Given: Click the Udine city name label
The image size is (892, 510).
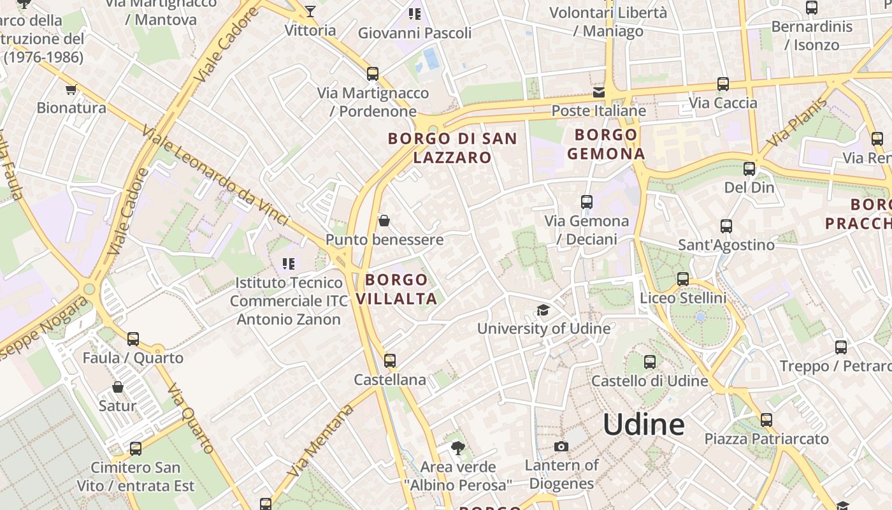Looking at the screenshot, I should click(x=644, y=425).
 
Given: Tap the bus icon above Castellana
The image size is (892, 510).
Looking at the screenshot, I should click(x=390, y=361).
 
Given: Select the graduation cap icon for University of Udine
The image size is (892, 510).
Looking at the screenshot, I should click(x=543, y=310).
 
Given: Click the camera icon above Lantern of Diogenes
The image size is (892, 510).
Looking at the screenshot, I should click(x=561, y=446).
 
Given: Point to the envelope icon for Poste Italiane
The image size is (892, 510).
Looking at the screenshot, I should click(x=599, y=92).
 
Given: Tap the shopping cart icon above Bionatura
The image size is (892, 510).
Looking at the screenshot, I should click(x=71, y=89).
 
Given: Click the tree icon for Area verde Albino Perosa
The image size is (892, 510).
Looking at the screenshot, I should click(x=457, y=448).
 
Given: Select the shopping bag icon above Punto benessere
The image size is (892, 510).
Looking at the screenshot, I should click(x=384, y=221).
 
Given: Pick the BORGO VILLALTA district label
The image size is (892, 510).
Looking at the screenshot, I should click(x=396, y=289).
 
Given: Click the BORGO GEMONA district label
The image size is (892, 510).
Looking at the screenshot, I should click(x=606, y=144).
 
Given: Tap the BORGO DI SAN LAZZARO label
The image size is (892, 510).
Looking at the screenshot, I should click(x=452, y=148).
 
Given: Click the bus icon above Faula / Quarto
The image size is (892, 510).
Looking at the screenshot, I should click(x=133, y=339).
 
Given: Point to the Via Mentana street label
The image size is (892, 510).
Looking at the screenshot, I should click(x=320, y=441).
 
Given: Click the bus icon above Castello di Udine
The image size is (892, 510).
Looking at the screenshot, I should click(x=650, y=362).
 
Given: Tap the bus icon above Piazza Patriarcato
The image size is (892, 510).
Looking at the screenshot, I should click(x=766, y=420).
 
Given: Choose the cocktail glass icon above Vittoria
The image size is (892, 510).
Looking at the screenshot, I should click(x=310, y=11).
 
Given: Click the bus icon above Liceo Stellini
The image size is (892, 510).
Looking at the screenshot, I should click(x=683, y=279).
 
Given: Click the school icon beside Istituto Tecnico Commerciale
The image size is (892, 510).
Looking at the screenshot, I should click(x=288, y=263).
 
